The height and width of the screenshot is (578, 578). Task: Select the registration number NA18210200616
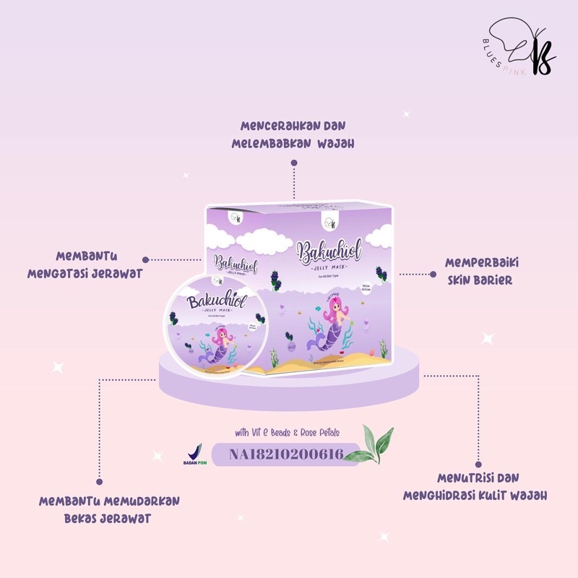tap(285, 455)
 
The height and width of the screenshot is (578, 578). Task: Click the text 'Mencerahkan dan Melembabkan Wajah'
tap(293, 134)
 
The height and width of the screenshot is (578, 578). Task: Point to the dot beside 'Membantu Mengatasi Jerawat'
tap(146, 259)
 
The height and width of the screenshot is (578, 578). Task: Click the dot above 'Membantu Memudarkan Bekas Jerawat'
tap(100, 478)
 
